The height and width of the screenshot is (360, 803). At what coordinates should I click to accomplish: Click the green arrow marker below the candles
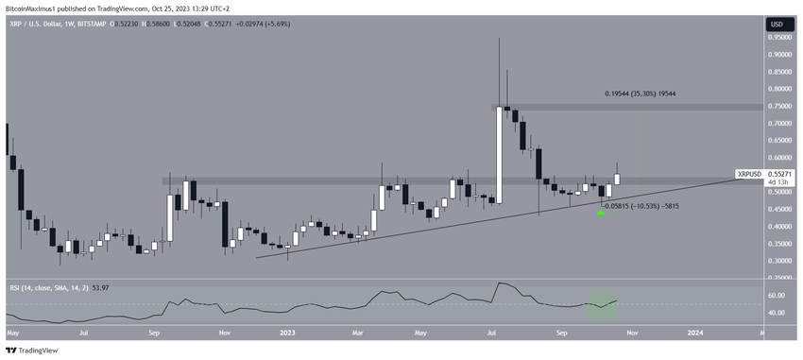pyautogui.click(x=600, y=213)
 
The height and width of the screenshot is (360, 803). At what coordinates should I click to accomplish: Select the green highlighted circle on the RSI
pyautogui.click(x=601, y=304)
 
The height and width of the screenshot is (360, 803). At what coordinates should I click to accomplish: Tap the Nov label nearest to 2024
pyautogui.click(x=628, y=333)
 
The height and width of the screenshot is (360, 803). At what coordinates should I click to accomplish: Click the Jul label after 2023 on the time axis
pyautogui.click(x=492, y=333)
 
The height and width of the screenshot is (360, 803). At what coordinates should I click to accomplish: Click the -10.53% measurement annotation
pyautogui.click(x=641, y=205)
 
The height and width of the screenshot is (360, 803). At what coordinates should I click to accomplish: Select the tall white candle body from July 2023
pyautogui.click(x=498, y=155)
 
